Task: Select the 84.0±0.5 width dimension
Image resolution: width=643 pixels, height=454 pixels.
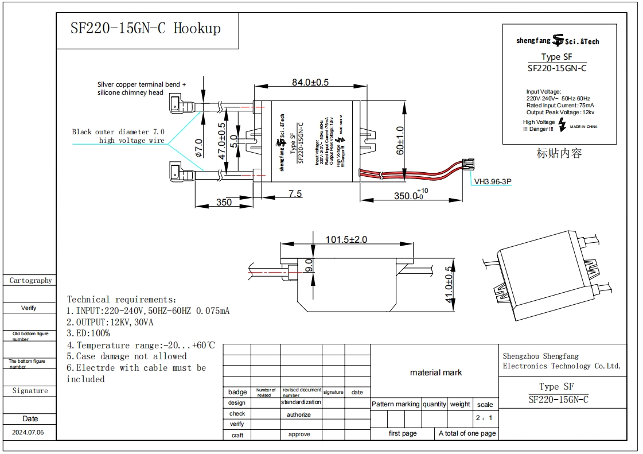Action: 310,82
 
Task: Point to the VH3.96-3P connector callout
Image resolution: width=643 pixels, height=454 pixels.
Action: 492,181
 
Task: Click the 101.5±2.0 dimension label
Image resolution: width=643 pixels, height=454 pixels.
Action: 345,239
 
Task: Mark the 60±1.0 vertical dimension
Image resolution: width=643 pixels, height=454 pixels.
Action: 400,141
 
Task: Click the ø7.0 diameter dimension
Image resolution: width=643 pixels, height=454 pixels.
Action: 198,148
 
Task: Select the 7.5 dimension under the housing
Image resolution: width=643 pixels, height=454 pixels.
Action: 295,194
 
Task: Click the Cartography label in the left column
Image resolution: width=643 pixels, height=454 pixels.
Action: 30,281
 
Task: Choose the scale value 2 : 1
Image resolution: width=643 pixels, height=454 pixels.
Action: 484,418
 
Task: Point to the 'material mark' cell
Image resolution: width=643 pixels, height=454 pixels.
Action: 435,372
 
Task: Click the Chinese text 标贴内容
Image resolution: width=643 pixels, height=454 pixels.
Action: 559,153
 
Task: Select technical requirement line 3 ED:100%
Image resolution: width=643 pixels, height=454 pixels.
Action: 88,333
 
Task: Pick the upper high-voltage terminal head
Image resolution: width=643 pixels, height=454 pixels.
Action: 175,105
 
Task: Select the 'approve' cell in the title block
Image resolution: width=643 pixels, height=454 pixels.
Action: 299,434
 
